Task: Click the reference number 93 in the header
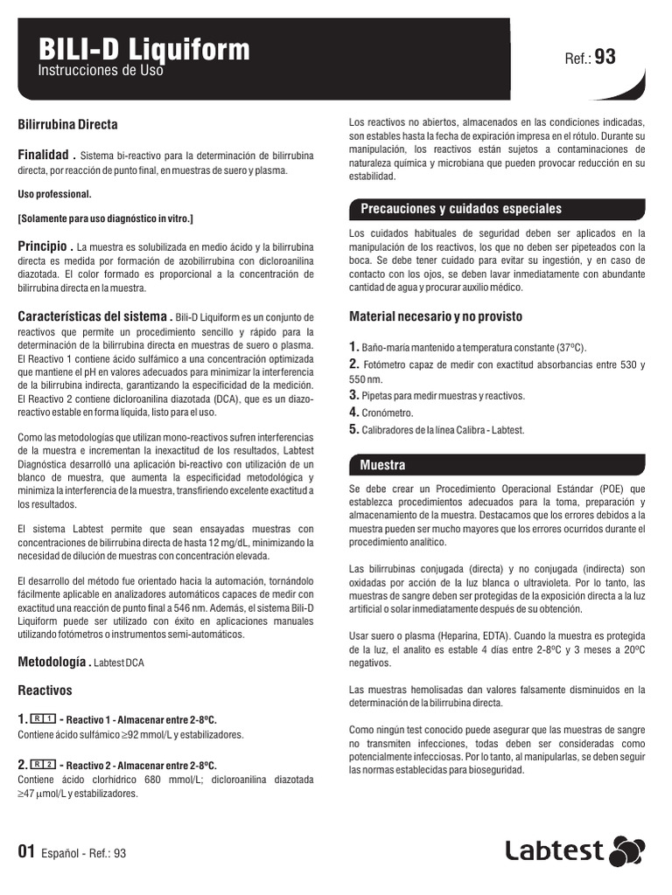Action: [x=605, y=58]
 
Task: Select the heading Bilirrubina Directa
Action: [x=68, y=125]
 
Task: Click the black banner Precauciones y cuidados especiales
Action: [x=461, y=209]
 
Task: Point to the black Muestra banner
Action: [x=383, y=464]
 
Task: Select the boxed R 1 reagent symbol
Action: [x=43, y=718]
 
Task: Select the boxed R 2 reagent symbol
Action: [x=43, y=765]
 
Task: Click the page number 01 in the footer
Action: [x=27, y=852]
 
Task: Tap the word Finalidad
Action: [x=45, y=154]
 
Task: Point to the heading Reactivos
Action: [x=45, y=690]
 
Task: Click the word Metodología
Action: [x=51, y=662]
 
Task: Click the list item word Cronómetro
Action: [x=388, y=413]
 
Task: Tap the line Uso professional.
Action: [x=54, y=194]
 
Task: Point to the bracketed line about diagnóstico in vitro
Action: [x=106, y=218]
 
